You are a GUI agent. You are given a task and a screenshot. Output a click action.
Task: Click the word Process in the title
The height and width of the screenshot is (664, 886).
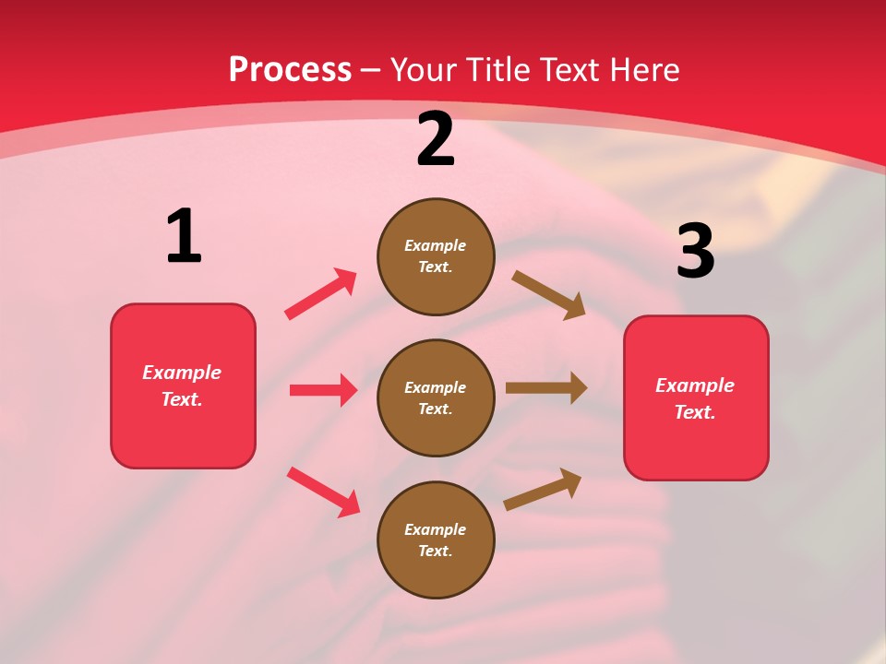[290, 70]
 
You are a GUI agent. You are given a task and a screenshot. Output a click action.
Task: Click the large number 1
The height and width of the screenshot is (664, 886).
[184, 237]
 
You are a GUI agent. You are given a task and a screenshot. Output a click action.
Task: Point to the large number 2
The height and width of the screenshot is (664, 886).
[436, 140]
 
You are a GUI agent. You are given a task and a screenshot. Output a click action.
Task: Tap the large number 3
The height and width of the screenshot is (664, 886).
[695, 252]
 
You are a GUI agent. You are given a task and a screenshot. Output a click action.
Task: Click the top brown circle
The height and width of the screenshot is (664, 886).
[436, 256]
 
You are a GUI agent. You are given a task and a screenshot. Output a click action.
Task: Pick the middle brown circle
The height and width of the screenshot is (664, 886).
[436, 398]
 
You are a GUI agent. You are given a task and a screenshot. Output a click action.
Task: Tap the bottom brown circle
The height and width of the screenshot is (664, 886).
[436, 540]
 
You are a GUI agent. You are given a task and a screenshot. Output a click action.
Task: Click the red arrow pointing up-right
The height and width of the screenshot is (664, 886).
[321, 293]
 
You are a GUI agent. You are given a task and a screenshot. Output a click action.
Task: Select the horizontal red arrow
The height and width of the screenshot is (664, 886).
[323, 390]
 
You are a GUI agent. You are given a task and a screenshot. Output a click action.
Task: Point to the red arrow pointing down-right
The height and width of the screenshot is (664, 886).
[324, 492]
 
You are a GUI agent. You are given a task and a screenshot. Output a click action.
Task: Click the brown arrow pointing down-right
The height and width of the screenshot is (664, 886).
[549, 294]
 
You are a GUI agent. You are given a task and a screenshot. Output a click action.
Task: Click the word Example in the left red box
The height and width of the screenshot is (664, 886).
[182, 373]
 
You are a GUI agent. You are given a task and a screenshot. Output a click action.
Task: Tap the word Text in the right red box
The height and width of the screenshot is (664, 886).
[694, 412]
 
